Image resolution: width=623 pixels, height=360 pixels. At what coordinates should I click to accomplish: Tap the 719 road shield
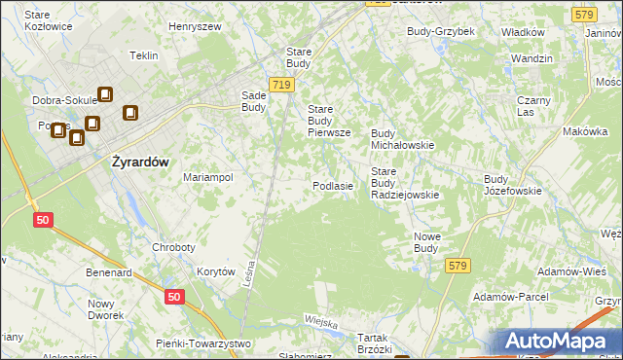pos(282,86)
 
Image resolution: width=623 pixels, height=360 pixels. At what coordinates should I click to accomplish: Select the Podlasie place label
pos(332,185)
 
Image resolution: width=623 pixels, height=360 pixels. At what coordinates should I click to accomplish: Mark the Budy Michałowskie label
pos(402,138)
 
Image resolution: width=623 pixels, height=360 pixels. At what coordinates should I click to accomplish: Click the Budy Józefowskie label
pos(512,185)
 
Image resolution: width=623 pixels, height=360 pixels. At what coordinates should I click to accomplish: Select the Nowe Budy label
pos(427,241)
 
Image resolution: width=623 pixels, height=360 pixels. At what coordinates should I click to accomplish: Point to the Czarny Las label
pos(534,106)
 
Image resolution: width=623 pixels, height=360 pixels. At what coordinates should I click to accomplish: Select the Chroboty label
pos(175,247)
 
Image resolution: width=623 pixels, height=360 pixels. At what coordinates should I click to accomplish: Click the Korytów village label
pos(216,272)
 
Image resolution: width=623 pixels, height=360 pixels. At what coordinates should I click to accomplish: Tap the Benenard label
pos(108,273)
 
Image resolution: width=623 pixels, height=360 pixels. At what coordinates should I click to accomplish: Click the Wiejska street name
pos(320,322)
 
